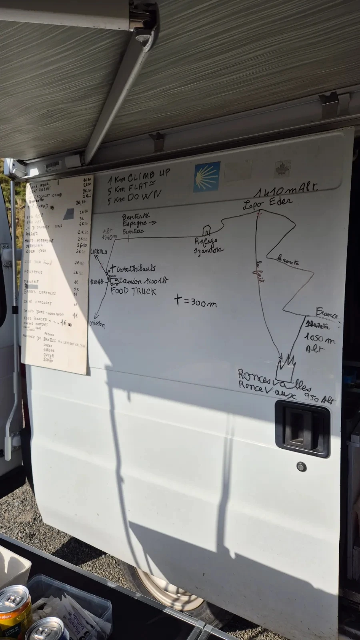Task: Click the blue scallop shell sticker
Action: point(207,176)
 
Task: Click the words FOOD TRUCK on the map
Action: point(134,291)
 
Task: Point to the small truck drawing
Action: point(114,280)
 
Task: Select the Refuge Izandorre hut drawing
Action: point(206,231)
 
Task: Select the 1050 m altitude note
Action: point(320,340)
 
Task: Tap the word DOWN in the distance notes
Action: point(146,196)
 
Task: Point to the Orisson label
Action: point(98,323)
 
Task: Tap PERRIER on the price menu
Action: point(32,234)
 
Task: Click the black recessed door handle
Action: point(302,429)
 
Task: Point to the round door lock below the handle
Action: point(301,466)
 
